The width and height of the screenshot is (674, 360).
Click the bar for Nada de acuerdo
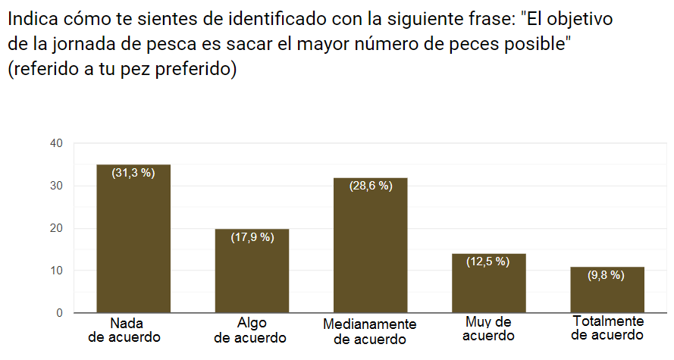coord(133,239)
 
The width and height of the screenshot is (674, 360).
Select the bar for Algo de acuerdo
coord(252,271)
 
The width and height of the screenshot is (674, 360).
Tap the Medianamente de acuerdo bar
coord(371,245)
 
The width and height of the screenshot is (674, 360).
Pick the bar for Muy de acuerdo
coord(489,283)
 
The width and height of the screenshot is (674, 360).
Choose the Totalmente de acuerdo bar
coord(607,290)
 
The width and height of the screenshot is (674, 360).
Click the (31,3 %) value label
coord(133,173)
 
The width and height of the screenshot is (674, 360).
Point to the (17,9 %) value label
coord(252,237)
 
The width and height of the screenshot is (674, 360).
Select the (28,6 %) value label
coord(371,186)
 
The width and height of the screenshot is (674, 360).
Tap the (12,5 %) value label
coord(488,261)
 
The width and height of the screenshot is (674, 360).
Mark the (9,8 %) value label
coord(606,275)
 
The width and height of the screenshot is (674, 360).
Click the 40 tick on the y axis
coord(56,143)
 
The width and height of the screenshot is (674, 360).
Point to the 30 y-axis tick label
coord(56,186)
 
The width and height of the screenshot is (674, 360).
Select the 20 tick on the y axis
coord(56,228)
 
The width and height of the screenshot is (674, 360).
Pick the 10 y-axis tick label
coord(56,271)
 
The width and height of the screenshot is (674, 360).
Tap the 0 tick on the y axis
coord(60,313)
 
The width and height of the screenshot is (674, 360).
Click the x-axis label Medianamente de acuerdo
coord(370,332)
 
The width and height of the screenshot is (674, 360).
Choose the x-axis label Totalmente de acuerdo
coord(607,328)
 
